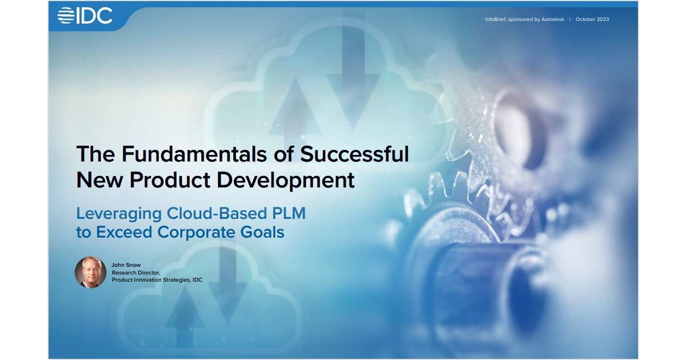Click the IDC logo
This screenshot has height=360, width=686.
pyautogui.click(x=85, y=15)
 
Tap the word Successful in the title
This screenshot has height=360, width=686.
pyautogui.click(x=354, y=154)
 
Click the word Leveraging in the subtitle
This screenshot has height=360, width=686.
pyautogui.click(x=119, y=214)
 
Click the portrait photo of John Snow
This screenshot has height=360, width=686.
pyautogui.click(x=90, y=273)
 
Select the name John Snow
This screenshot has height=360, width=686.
pyautogui.click(x=126, y=265)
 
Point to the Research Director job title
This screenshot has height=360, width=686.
pyautogui.click(x=135, y=273)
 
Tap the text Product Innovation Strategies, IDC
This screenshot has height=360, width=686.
pyautogui.click(x=157, y=280)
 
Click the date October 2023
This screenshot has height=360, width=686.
pyautogui.click(x=592, y=19)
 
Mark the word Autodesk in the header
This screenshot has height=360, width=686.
pyautogui.click(x=553, y=19)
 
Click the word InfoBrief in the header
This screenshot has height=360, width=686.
pyautogui.click(x=496, y=19)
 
